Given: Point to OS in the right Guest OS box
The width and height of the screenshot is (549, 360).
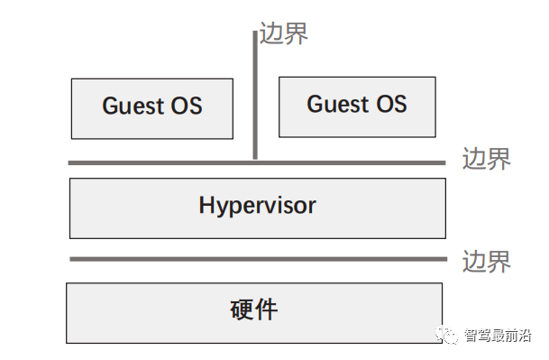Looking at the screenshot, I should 391,105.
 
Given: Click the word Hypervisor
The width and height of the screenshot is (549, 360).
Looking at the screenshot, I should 257,206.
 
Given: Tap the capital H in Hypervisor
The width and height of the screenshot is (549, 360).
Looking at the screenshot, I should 206,205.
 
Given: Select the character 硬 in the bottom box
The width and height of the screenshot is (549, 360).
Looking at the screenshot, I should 242,310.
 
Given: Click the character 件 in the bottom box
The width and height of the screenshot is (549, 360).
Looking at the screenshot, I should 267,310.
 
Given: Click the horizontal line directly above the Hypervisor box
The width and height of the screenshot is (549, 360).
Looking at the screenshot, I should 257,163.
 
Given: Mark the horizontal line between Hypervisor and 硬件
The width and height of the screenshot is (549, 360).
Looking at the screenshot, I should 257,259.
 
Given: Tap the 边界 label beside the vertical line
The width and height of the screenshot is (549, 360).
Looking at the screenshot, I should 284,33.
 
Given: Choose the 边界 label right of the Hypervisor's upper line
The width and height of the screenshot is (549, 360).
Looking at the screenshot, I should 486,159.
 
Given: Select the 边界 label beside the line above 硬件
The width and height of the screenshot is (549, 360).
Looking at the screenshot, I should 486,262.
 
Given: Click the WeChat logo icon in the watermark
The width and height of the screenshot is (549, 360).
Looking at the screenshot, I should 448,336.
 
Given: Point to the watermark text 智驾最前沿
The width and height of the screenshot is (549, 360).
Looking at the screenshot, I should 498,337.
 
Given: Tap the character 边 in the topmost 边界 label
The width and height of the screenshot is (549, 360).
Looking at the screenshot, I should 271,33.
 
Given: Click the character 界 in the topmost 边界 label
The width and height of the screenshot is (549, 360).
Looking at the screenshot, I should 297,33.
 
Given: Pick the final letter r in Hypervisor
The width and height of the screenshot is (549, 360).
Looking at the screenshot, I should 312,207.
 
